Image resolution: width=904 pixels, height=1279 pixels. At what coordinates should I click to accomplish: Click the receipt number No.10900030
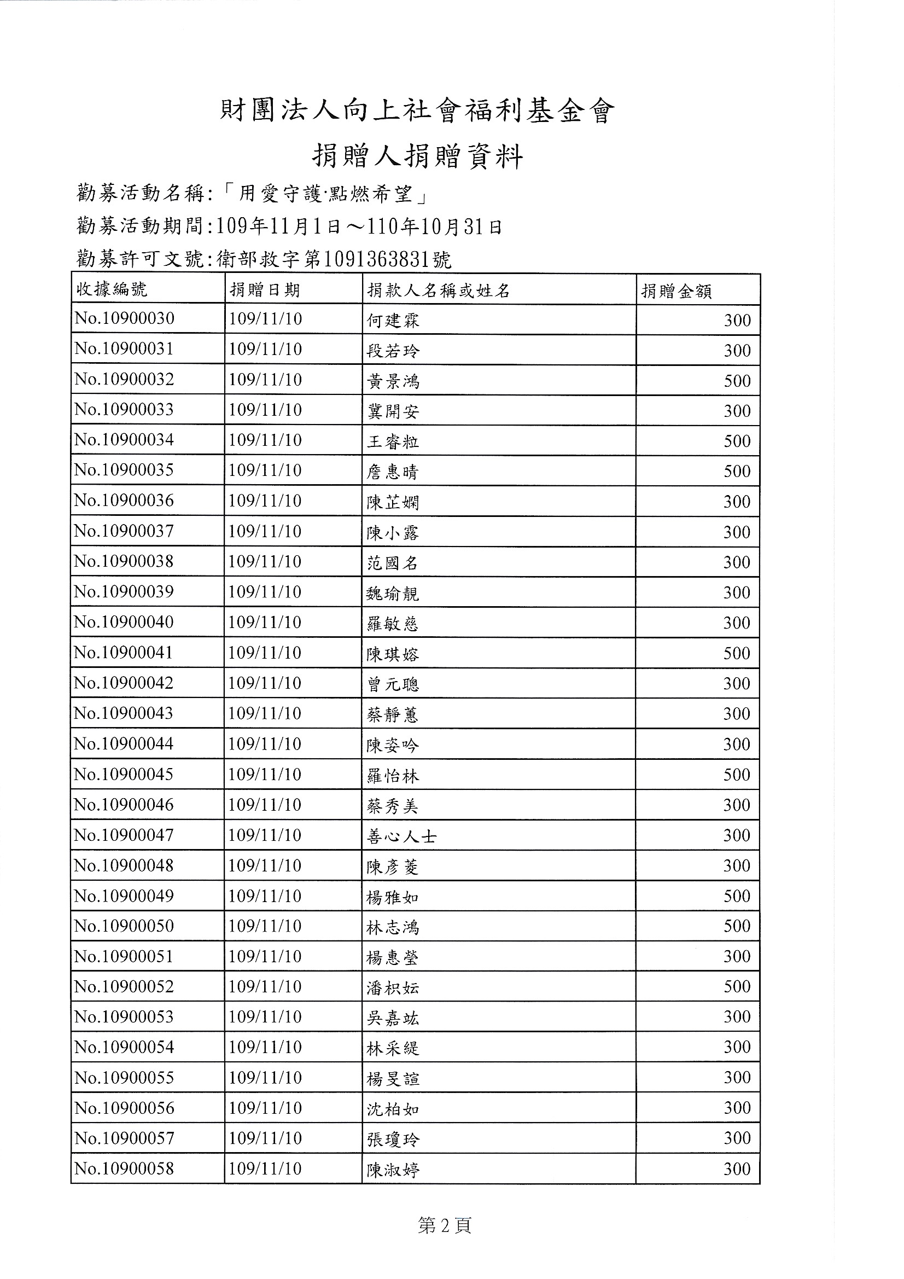(x=124, y=318)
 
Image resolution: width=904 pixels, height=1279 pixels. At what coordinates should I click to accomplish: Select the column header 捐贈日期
(x=265, y=290)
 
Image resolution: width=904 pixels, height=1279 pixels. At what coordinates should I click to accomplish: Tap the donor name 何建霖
(x=393, y=321)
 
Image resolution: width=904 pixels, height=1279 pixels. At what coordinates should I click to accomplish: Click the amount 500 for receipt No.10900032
(x=737, y=381)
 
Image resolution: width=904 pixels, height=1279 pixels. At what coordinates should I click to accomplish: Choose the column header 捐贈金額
(x=676, y=291)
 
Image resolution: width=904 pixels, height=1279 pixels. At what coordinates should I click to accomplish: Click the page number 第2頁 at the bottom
(x=445, y=1225)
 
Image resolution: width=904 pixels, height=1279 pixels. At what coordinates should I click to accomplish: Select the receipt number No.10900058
(x=124, y=1168)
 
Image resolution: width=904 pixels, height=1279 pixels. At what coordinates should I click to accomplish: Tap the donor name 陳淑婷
(x=393, y=1170)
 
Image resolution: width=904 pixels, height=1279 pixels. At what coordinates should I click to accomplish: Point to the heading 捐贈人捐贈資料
(x=417, y=156)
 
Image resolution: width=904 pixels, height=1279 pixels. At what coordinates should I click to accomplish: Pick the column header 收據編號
(x=112, y=289)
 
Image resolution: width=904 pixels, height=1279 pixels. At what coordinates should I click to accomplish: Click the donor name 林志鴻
(x=393, y=927)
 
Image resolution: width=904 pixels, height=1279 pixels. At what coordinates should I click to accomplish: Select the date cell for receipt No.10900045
(x=265, y=774)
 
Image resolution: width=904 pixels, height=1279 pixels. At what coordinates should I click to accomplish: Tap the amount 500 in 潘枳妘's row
(x=737, y=986)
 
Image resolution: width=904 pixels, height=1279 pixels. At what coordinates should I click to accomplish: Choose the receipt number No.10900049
(x=124, y=896)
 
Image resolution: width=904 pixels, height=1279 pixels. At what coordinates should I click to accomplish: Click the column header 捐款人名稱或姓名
(x=439, y=290)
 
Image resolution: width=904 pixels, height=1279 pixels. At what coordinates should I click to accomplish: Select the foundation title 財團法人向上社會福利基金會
(x=417, y=111)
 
